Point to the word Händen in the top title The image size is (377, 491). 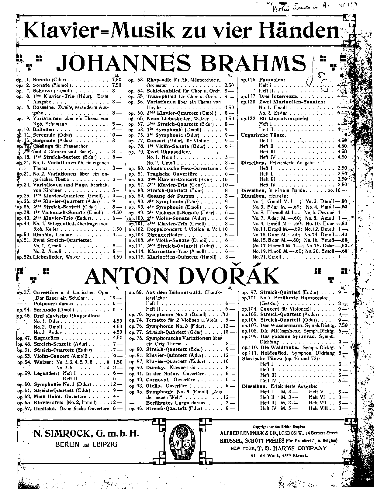299,31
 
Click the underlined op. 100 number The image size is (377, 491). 135,218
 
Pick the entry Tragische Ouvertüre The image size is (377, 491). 172,174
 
